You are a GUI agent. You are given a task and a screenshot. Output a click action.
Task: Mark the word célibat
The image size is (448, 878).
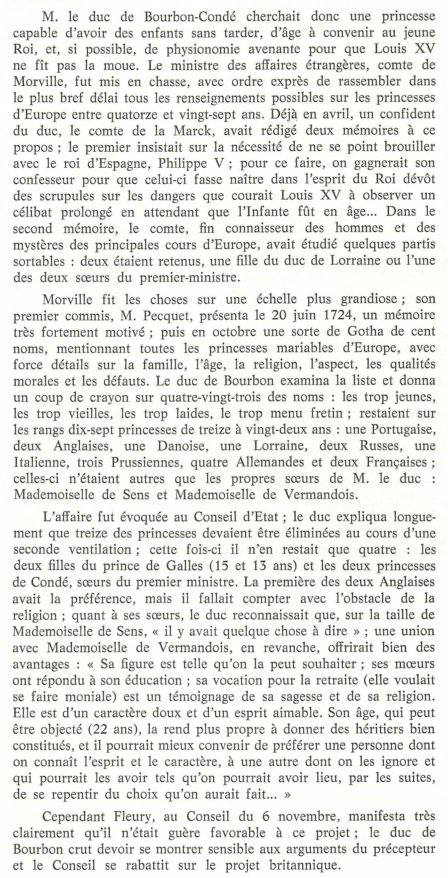point(33,212)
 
